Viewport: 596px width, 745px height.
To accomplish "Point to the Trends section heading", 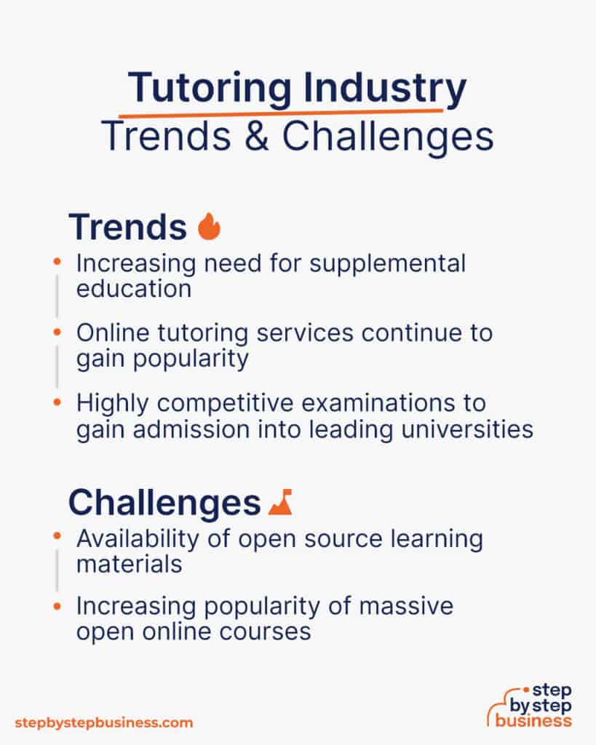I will pos(127,227).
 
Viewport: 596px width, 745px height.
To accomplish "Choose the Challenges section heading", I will pos(164,502).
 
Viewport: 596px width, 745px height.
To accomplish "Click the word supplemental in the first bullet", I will pos(387,263).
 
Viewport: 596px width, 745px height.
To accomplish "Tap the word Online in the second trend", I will pos(109,333).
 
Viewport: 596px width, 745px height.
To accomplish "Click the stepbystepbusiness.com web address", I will pos(104,722).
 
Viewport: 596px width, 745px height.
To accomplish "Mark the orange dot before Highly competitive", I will pos(57,403).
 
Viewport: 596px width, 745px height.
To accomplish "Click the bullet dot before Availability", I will pos(57,538).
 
